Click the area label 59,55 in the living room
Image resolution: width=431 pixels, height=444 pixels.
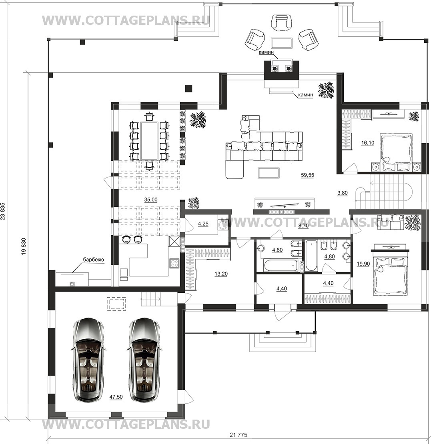pyautogui.click(x=307, y=175)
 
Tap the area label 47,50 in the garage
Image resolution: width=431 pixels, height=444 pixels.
pyautogui.click(x=116, y=397)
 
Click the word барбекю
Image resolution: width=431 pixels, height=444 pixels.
pyautogui.click(x=93, y=259)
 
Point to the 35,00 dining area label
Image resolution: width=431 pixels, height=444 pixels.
pyautogui.click(x=151, y=200)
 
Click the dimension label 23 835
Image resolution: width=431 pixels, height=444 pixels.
pyautogui.click(x=3, y=211)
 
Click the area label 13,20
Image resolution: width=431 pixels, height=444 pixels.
pyautogui.click(x=221, y=274)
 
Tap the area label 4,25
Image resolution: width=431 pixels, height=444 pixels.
pyautogui.click(x=203, y=224)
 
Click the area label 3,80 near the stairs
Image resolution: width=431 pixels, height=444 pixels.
pyautogui.click(x=342, y=193)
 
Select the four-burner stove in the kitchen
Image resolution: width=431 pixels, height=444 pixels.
pyautogui.click(x=174, y=263)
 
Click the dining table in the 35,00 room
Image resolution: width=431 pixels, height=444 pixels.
pyautogui.click(x=149, y=141)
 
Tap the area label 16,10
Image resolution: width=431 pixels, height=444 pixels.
pyautogui.click(x=367, y=143)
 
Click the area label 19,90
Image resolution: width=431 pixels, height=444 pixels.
pyautogui.click(x=363, y=264)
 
